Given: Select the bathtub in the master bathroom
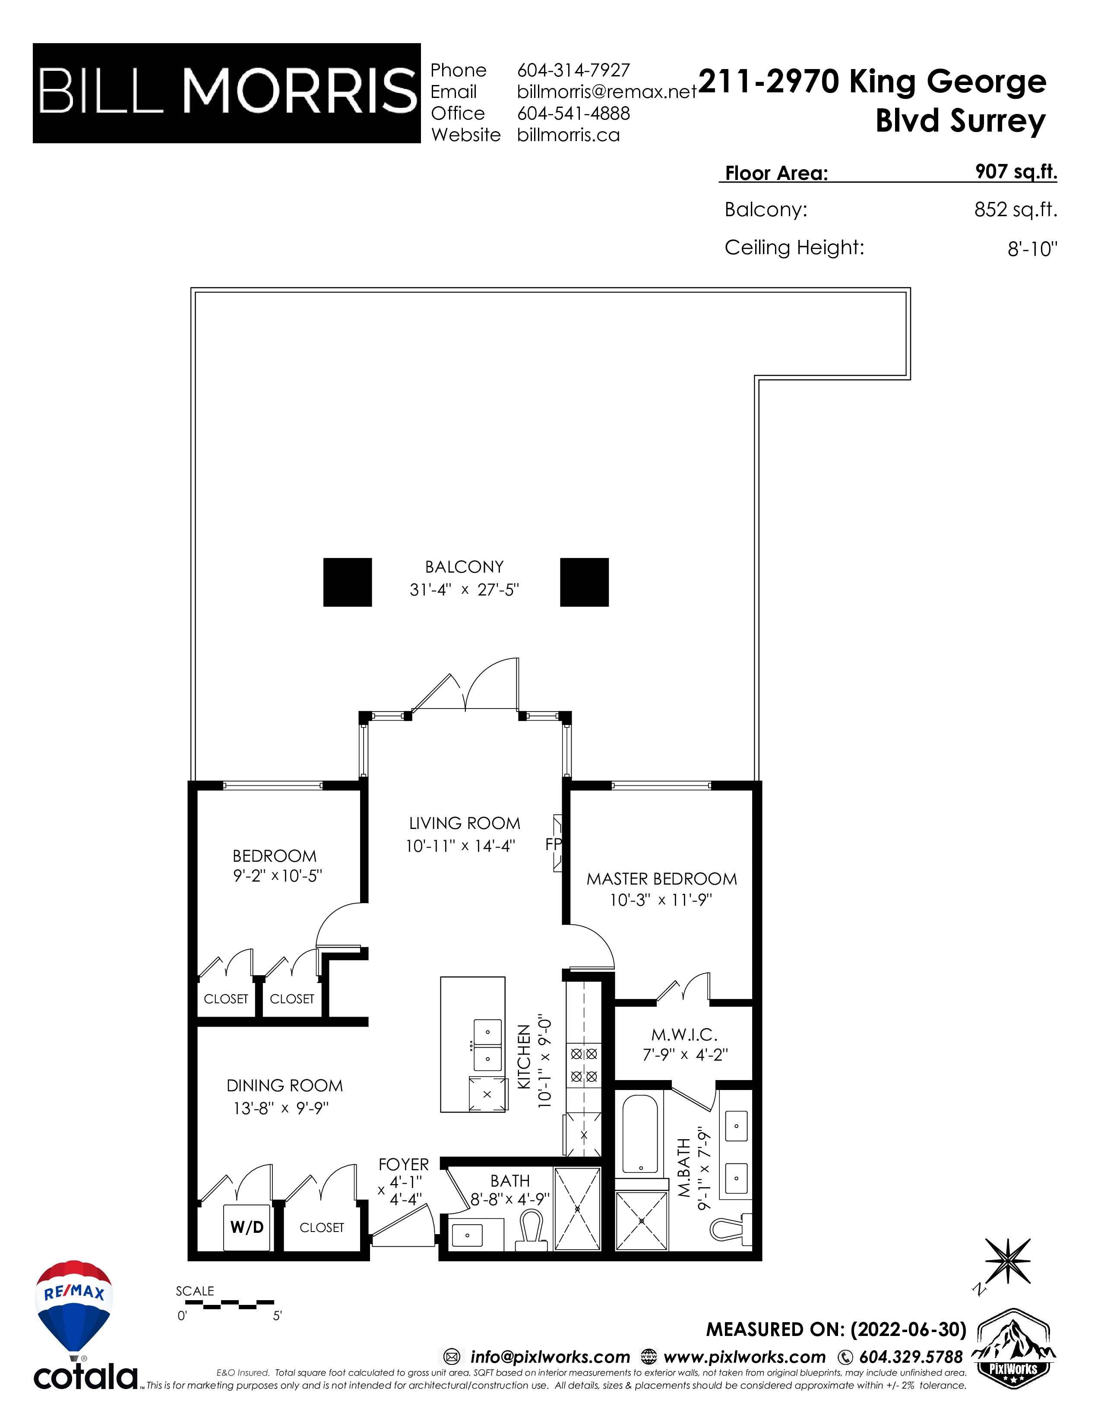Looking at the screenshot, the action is pos(640,1134).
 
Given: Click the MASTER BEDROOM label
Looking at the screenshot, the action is pos(661,879).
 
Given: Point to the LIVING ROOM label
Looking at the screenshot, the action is pos(465,823).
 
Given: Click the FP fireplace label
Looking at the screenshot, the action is pos(553,844).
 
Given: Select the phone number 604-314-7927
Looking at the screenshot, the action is pos(573,70).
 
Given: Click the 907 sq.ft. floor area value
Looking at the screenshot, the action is pos(1016,171).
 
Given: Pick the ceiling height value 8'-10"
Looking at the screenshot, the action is pos(1032,249).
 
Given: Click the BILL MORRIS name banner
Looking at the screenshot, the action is pos(226,93).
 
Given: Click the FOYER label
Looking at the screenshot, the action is pos(403,1165).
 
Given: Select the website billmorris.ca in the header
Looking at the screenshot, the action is pos(568,135).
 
